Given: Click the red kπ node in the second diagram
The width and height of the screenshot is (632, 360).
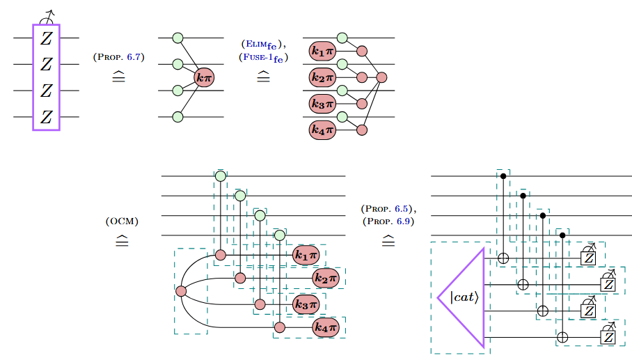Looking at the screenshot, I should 204,78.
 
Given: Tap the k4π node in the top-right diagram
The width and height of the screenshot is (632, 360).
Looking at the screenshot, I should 322,130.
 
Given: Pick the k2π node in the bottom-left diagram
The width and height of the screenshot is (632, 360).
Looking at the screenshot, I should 324,279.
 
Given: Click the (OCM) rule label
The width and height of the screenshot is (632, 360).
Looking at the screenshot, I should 122,222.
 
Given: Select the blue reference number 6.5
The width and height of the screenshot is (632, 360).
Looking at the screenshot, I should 402,210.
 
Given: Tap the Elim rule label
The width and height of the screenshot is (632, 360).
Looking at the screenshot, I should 262,46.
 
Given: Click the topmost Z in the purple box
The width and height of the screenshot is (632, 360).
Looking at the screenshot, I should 46,38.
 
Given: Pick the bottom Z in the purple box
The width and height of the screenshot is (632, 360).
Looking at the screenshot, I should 46,117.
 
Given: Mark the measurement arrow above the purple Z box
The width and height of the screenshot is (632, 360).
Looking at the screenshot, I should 47,15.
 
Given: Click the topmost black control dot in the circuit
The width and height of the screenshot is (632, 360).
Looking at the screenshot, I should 504,177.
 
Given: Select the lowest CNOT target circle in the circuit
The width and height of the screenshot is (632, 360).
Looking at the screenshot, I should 563,338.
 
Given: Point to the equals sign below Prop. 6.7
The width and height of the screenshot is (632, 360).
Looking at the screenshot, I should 118,75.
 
